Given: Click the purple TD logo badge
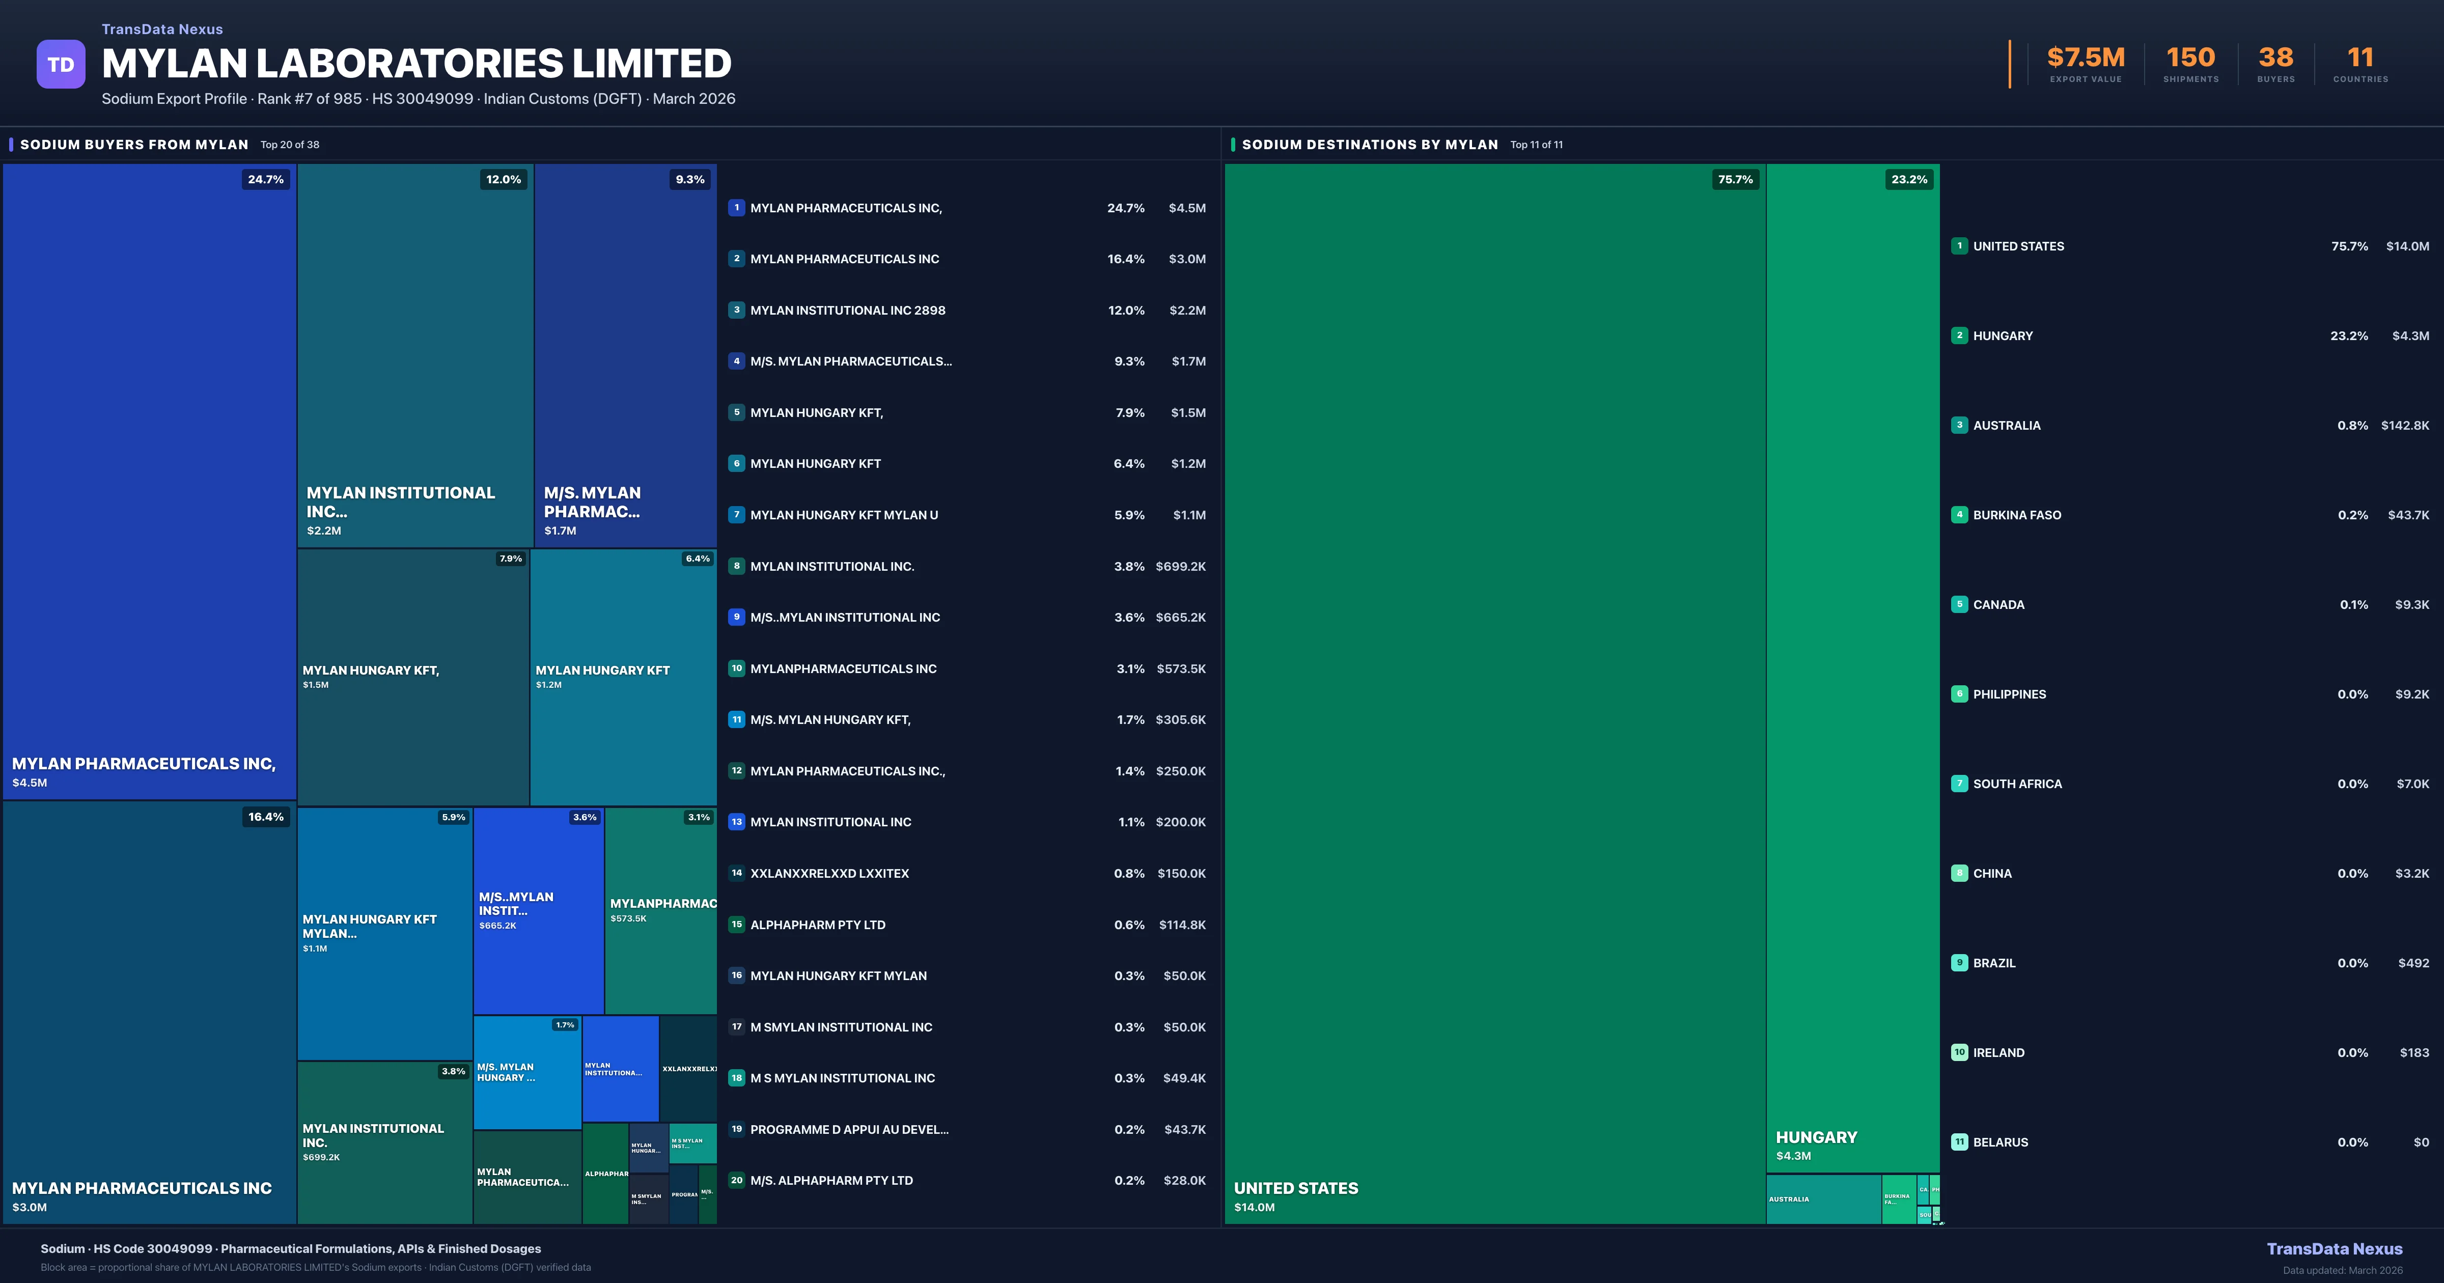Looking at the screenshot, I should coord(61,65).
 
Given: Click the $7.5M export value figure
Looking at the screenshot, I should coord(2086,58).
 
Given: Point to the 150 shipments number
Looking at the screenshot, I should coord(2190,58).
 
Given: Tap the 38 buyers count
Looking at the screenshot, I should coord(2275,58).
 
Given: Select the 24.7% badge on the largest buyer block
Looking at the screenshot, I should coord(266,179).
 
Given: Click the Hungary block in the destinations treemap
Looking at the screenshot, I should coord(1852,664).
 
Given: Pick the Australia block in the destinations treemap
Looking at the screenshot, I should coord(1823,1198).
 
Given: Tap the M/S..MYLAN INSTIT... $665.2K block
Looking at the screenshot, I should coord(538,910).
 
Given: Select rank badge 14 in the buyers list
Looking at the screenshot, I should coord(736,873).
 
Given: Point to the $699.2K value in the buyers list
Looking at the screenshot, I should coord(1180,567).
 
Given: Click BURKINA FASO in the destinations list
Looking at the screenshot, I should coord(2017,515).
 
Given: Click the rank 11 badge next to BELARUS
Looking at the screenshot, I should coord(1959,1141).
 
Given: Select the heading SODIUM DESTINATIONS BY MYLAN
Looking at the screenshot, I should coord(1369,144).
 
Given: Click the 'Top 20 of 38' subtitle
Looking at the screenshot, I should coord(290,145).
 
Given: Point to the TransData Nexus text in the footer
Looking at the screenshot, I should coord(2334,1249).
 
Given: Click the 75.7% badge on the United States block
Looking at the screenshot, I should coord(1735,179).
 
